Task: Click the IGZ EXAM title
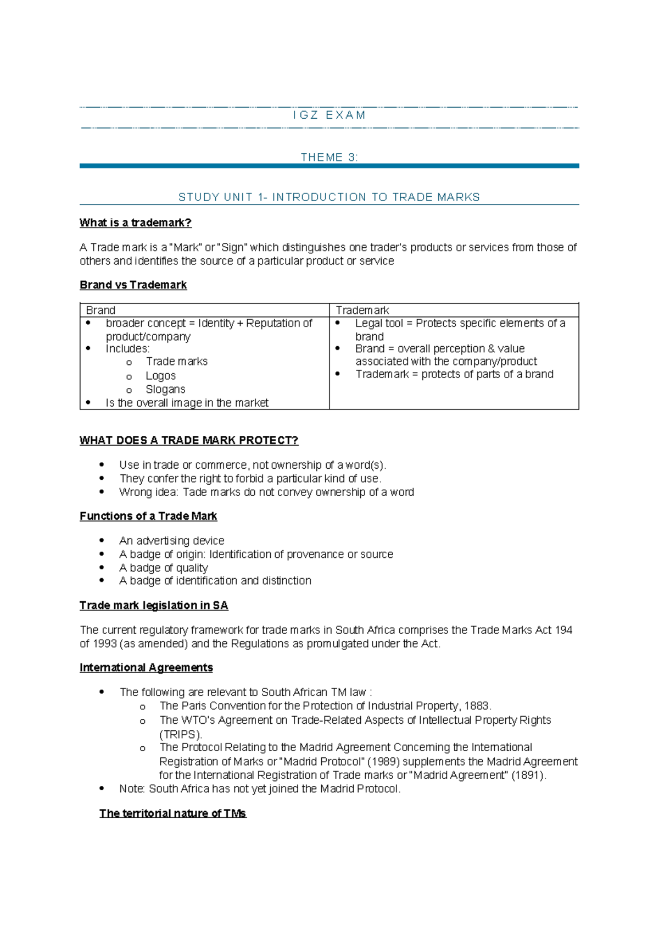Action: tap(329, 115)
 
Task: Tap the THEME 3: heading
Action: tap(329, 158)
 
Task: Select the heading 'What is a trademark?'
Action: tap(136, 223)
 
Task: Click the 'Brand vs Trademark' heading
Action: tap(133, 285)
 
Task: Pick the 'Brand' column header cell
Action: tap(100, 310)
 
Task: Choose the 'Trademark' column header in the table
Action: tap(362, 310)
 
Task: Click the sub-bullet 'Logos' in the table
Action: tap(160, 376)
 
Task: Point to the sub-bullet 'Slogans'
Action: tap(165, 389)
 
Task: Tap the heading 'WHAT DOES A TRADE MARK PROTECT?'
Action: tap(189, 440)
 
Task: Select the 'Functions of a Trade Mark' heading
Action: tap(148, 516)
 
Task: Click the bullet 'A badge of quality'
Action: tap(163, 568)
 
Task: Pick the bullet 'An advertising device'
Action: tap(171, 541)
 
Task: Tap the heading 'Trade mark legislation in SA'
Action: tap(154, 605)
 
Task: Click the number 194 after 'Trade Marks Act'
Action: tap(563, 630)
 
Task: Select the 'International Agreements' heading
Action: tap(146, 667)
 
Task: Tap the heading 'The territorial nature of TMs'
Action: tap(172, 813)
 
